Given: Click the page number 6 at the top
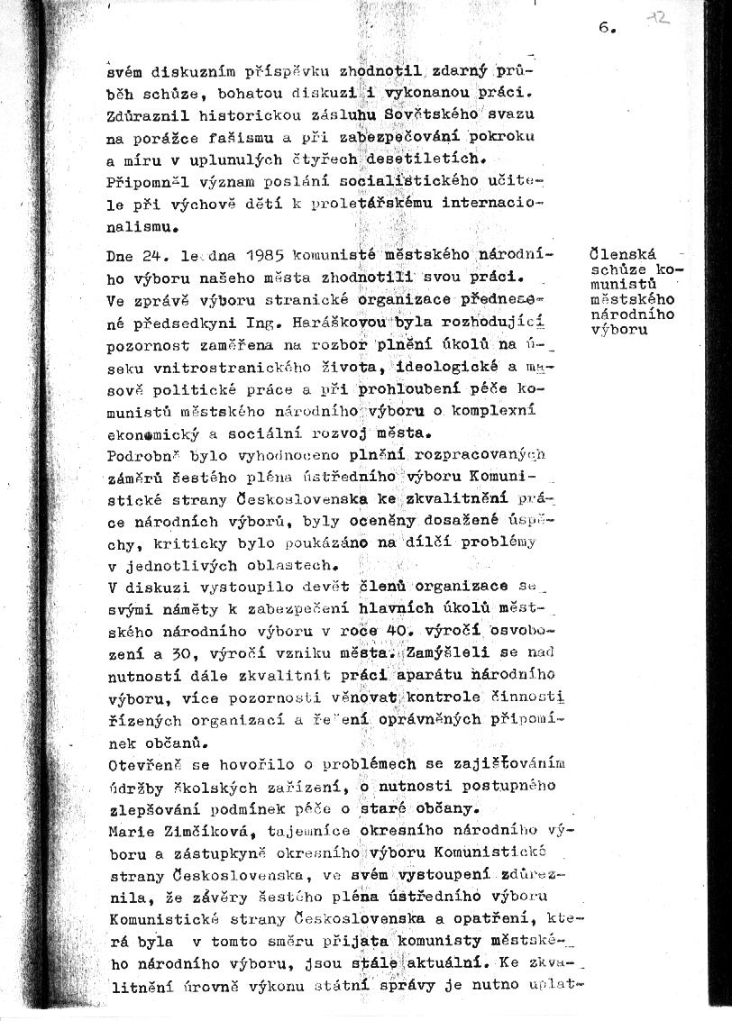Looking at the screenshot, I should pos(603,27).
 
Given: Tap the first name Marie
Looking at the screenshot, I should pos(129,828).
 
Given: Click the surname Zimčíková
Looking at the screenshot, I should pos(199,828).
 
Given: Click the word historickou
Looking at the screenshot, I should pos(240,114).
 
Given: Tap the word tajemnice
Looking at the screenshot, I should pos(266,828).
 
